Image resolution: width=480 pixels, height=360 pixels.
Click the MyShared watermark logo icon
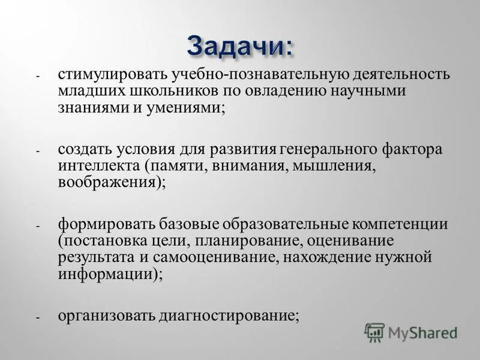coord(374,332)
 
